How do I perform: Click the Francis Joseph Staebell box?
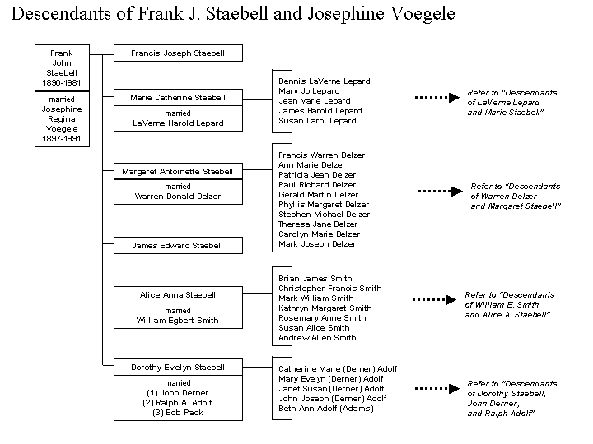[178, 53]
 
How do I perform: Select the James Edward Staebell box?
[178, 245]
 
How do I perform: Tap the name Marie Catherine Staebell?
[178, 97]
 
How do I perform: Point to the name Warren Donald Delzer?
[178, 197]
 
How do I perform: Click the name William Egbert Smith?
[178, 321]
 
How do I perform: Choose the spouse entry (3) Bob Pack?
[178, 413]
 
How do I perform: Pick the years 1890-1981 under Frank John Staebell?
[62, 83]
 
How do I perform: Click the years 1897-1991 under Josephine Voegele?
[62, 139]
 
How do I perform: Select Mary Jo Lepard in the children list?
[309, 91]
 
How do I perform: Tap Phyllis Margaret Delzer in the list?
[324, 205]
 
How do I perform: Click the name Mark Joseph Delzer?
[317, 244]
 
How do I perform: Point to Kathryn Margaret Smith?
[325, 308]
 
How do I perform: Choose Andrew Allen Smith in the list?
[317, 338]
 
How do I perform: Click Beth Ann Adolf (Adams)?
[326, 409]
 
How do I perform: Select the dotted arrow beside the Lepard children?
[437, 97]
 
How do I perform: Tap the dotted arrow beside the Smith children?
[435, 300]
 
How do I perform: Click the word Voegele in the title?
[423, 14]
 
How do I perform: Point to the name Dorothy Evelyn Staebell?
[178, 368]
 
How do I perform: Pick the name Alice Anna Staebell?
[178, 295]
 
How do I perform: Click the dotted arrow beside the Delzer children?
[440, 191]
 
